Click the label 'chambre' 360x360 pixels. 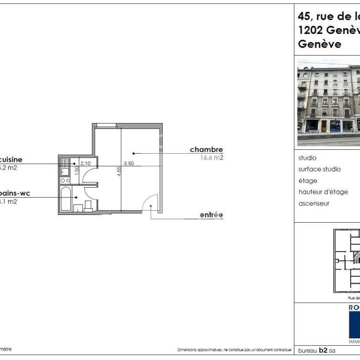pos(206,149)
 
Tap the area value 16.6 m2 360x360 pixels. pos(211,157)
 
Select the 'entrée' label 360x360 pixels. pos(211,215)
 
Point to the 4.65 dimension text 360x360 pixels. pos(119,171)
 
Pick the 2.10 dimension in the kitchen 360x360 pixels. pos(86,163)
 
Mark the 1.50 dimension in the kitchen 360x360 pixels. pos(77,170)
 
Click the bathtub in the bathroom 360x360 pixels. pos(66,199)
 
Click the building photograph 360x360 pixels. pos(328,102)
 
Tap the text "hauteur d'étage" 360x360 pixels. pos(323,192)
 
